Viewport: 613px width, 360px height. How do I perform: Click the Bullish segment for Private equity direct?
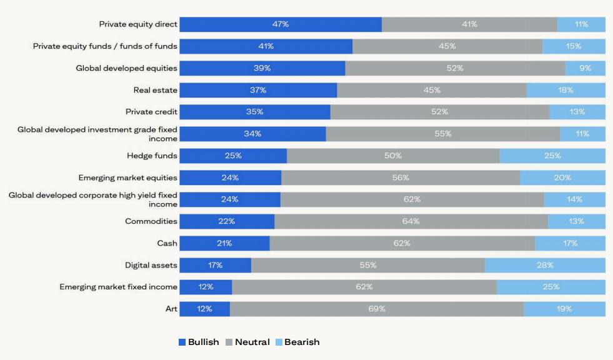click(281, 24)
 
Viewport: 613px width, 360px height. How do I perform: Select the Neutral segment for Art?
click(377, 309)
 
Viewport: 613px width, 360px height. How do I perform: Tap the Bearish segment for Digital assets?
click(545, 265)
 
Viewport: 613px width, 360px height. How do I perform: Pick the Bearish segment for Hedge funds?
click(552, 156)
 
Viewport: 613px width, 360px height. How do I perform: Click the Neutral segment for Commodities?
click(411, 221)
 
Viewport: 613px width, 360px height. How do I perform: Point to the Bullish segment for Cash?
click(224, 243)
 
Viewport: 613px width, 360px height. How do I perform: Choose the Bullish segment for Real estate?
click(258, 90)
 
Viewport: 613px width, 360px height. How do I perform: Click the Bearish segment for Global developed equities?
click(586, 68)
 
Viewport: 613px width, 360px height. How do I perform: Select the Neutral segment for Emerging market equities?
click(401, 177)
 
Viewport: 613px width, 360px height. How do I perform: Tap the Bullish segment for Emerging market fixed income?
click(206, 287)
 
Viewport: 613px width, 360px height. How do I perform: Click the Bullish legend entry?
click(199, 342)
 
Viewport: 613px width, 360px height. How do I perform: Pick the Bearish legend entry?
click(297, 342)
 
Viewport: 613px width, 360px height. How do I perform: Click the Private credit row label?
click(151, 112)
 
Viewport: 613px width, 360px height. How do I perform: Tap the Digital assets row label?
click(151, 265)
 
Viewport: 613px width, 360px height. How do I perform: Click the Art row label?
click(171, 309)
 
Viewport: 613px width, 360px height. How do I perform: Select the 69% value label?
click(377, 309)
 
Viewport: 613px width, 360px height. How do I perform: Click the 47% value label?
click(281, 24)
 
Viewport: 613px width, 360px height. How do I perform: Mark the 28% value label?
click(545, 265)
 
